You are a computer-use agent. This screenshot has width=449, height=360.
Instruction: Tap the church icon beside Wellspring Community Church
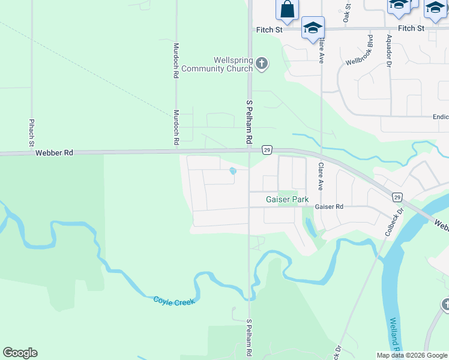[x=261, y=62]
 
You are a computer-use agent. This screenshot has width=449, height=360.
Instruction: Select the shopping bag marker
[x=287, y=10]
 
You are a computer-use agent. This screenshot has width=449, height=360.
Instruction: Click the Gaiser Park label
[x=288, y=199]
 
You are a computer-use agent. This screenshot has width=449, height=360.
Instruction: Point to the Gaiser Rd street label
[x=329, y=206]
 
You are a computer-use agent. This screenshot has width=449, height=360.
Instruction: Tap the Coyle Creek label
[x=174, y=301]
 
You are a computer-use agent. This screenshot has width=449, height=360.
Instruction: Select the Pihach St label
[x=32, y=133]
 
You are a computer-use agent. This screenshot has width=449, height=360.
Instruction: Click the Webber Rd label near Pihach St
[x=54, y=153]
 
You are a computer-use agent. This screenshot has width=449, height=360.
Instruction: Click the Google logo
[x=20, y=353]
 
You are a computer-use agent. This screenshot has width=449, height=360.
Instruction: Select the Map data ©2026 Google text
[x=411, y=355]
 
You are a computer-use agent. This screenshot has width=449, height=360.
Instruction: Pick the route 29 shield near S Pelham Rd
[x=267, y=149]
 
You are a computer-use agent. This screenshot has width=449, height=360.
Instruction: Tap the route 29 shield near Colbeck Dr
[x=397, y=197]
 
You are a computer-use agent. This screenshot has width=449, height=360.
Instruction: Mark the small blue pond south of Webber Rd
[x=233, y=172]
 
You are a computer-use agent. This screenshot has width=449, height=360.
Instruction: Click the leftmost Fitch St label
[x=270, y=29]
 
